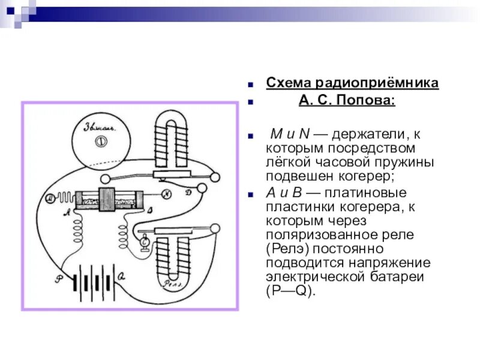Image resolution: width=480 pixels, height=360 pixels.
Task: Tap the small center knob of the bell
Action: pyautogui.click(x=99, y=142)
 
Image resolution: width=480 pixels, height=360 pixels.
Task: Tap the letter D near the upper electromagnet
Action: pyautogui.click(x=188, y=192)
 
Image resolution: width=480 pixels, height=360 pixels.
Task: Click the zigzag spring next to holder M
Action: pyautogui.click(x=64, y=197)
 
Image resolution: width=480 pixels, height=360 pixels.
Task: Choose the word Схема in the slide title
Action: pyautogui.click(x=287, y=83)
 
